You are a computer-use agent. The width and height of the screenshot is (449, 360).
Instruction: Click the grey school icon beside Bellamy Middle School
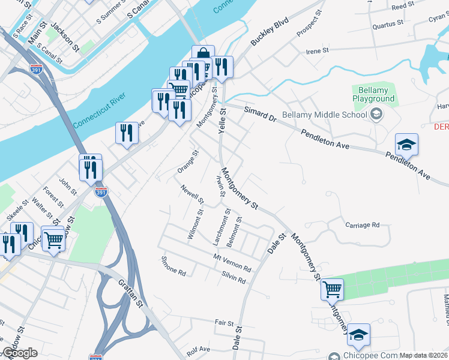tap(376, 114)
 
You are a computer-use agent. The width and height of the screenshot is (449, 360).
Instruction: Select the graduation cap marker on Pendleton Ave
tap(406, 145)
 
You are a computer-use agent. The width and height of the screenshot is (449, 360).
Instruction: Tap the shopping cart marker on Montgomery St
tap(332, 290)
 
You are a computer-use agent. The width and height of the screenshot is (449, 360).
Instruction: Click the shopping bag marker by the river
tap(203, 56)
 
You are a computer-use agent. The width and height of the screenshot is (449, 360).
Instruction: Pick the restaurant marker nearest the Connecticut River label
tap(127, 133)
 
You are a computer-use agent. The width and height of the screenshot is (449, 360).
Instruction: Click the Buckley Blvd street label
tap(270, 31)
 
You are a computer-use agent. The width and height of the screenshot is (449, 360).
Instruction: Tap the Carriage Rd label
tap(363, 225)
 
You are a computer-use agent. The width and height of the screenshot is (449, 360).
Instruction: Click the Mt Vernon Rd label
tap(232, 262)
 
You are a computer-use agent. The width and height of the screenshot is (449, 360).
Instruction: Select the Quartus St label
tap(387, 24)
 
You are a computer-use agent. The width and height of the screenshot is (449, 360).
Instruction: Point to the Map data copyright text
tap(424, 355)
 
